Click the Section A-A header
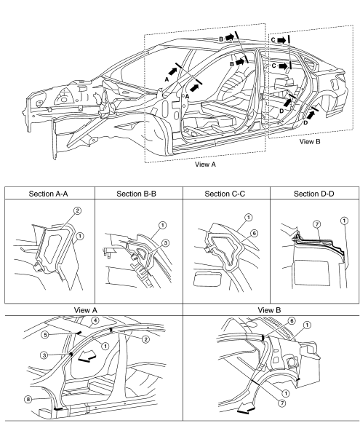click(x=49, y=194)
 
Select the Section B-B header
click(x=136, y=194)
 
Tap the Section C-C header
click(x=225, y=194)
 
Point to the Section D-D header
click(x=314, y=194)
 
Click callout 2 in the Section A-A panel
click(x=77, y=210)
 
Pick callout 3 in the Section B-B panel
click(x=165, y=243)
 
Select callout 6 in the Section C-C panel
click(x=254, y=233)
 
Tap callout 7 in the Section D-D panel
click(x=317, y=224)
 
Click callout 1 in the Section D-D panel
click(x=345, y=221)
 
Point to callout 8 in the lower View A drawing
click(x=28, y=399)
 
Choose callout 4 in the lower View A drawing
click(x=95, y=321)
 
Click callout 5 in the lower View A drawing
click(x=45, y=335)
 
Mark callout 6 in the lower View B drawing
click(x=292, y=321)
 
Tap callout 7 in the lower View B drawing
click(x=282, y=403)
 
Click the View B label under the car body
click(x=310, y=141)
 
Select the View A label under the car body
click(x=205, y=164)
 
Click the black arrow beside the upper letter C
click(x=281, y=40)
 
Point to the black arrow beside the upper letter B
click(x=230, y=37)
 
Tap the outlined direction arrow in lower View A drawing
click(x=87, y=356)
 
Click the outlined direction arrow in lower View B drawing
click(x=247, y=407)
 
